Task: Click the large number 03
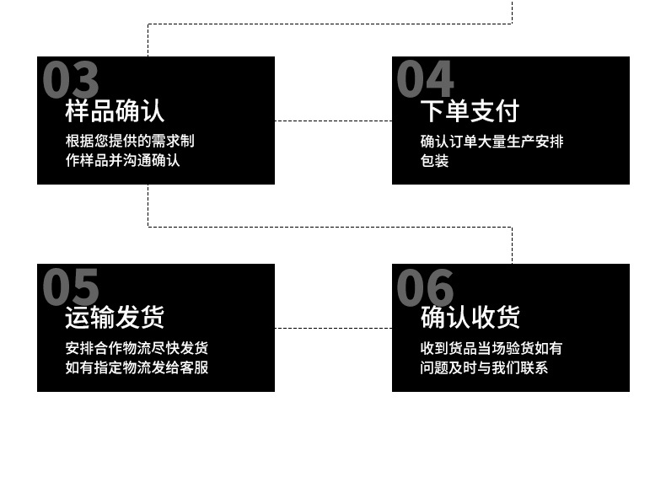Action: (x=71, y=80)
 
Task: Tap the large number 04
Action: (x=426, y=80)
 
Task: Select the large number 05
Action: (x=71, y=287)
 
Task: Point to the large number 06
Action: (x=426, y=287)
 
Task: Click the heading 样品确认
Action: (x=115, y=111)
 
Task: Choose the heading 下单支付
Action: (x=470, y=111)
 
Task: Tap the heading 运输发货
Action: (x=115, y=318)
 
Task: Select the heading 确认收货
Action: (x=470, y=318)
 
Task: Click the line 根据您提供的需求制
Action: (x=130, y=141)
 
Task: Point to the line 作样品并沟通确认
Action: (x=123, y=160)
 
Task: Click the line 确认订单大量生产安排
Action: (x=491, y=141)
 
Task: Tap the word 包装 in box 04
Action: (x=434, y=160)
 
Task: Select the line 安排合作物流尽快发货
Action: (x=137, y=348)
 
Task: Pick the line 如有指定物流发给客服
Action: (x=137, y=367)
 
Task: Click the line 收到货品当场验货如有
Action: (x=491, y=348)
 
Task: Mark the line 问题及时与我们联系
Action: (x=484, y=367)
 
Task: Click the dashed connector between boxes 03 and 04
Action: (x=333, y=121)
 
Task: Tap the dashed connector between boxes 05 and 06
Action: (x=333, y=328)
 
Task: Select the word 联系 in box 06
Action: (x=534, y=367)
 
